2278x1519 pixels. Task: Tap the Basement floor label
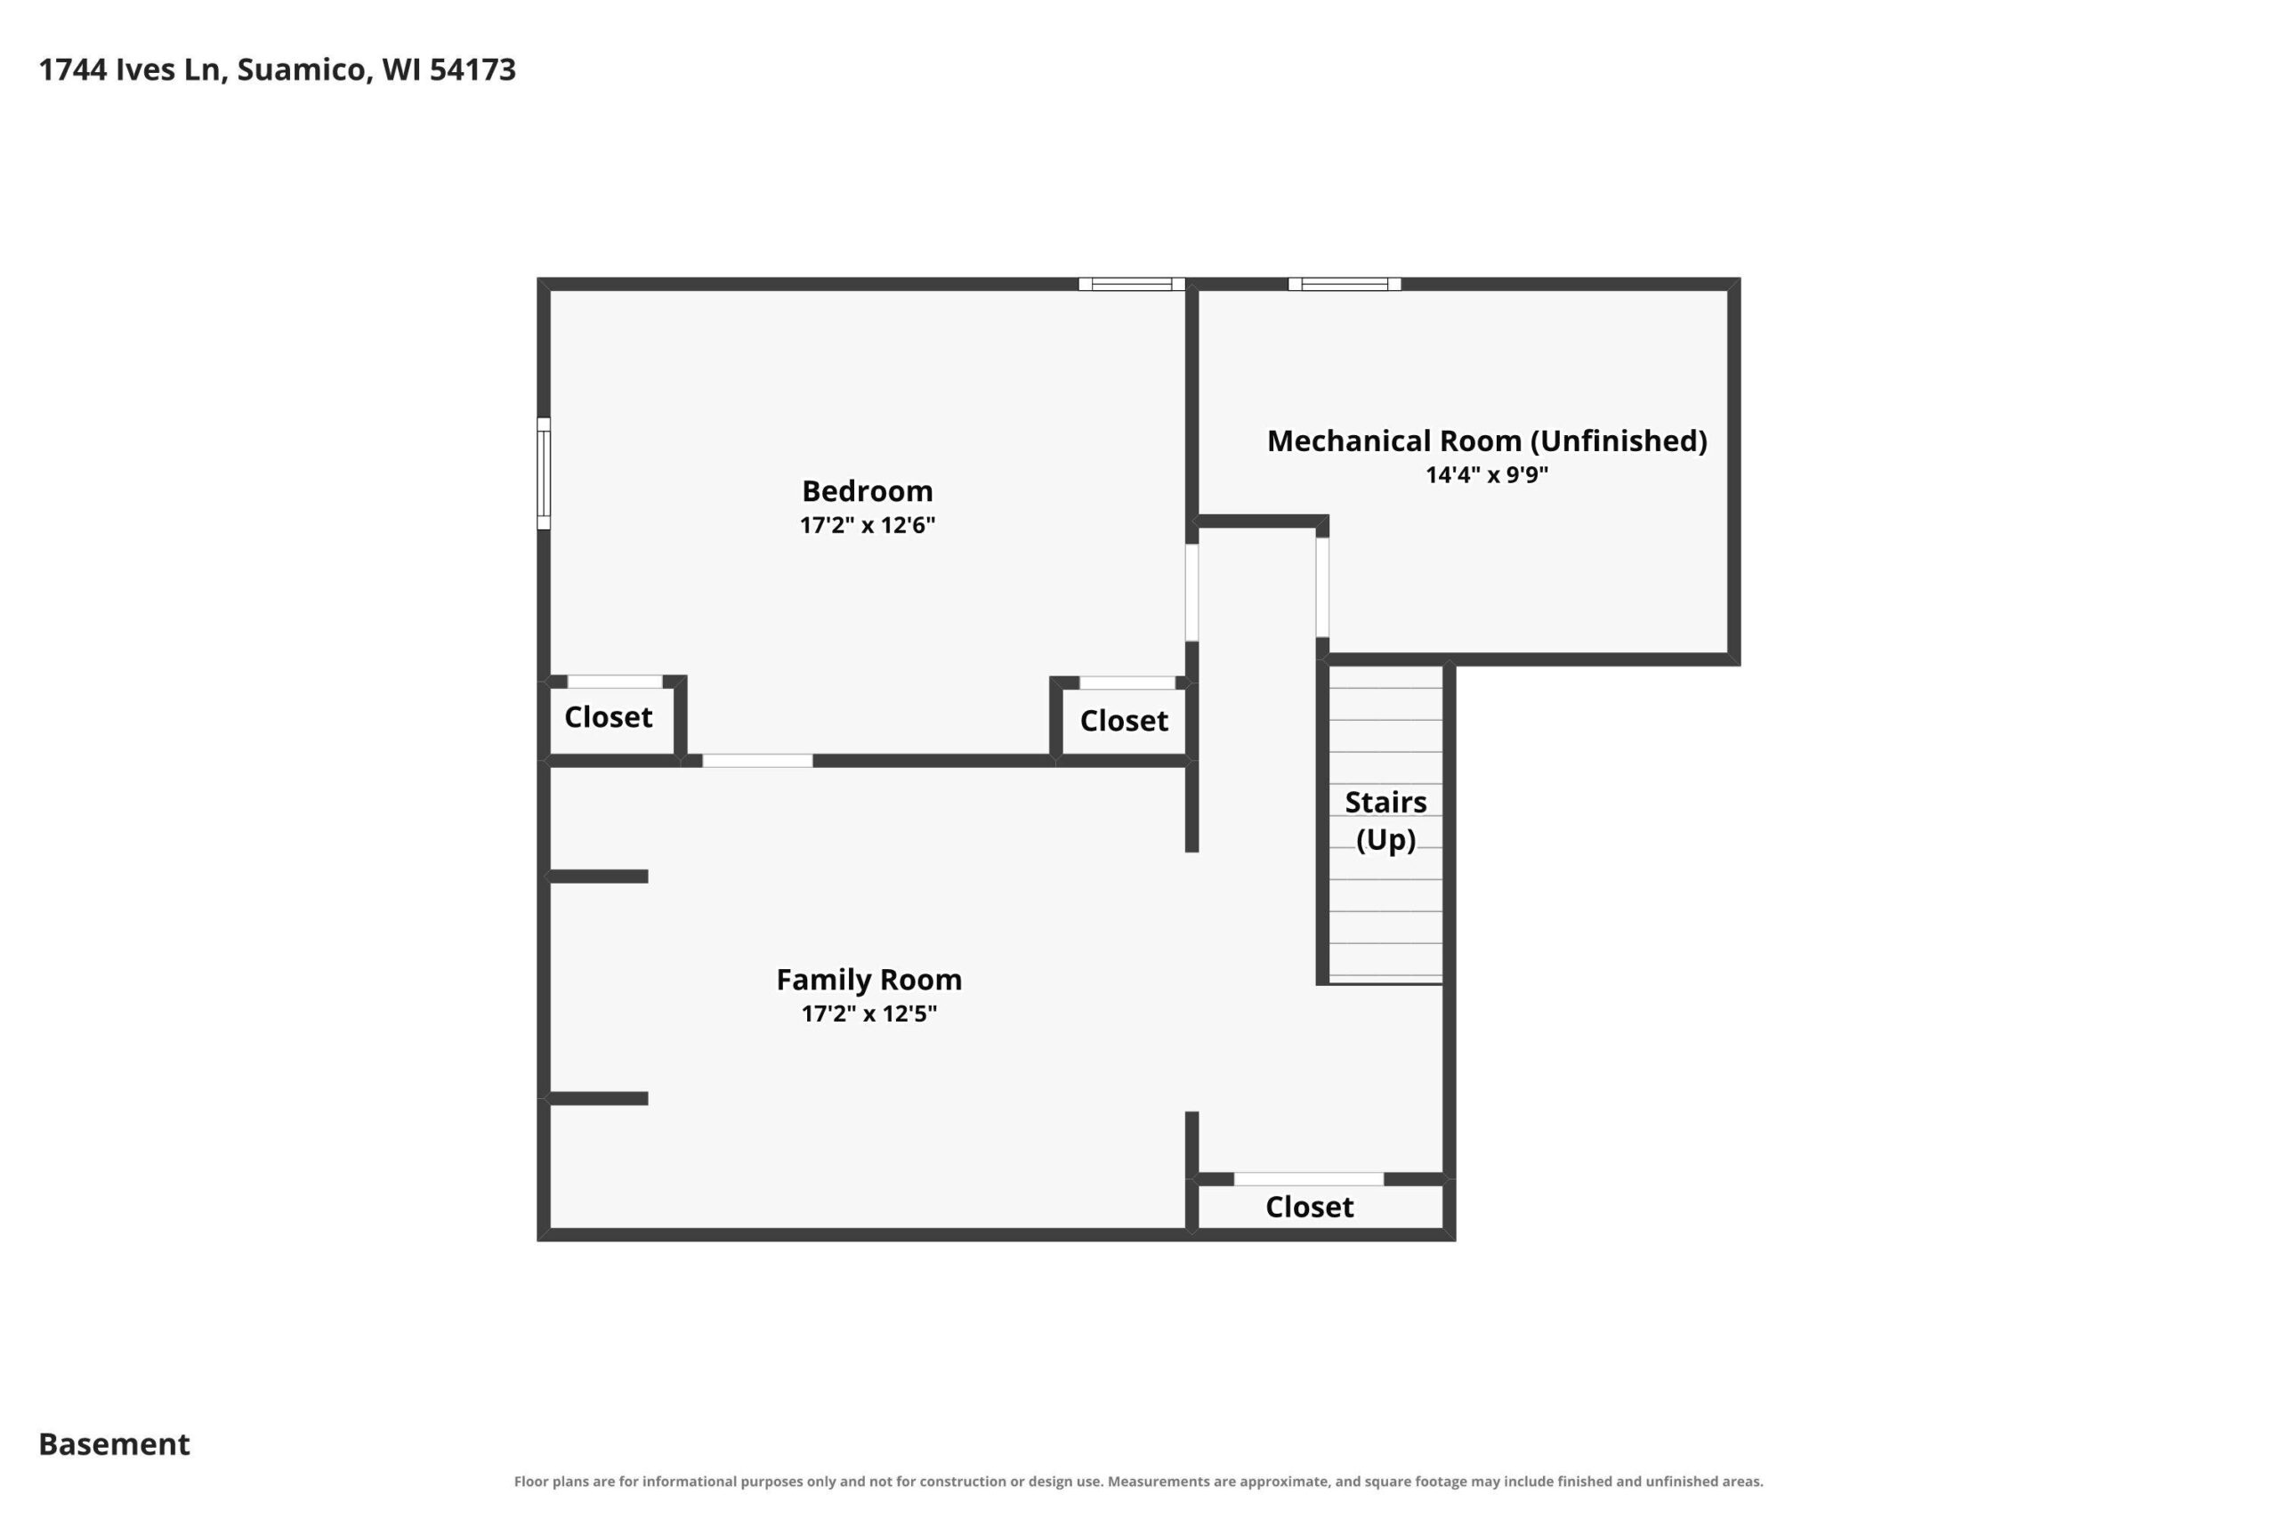(114, 1444)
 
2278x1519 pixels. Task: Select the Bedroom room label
(867, 491)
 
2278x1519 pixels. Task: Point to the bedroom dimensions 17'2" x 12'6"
(867, 525)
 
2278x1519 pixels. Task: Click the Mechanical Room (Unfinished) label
(1487, 441)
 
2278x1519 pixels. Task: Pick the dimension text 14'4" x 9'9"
(1487, 474)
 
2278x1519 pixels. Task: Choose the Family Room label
(868, 980)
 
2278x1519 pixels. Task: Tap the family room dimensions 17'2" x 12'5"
(868, 1014)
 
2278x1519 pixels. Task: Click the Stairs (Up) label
(1386, 820)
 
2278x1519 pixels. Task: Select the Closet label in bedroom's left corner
(609, 717)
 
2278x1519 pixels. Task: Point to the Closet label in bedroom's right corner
(1124, 721)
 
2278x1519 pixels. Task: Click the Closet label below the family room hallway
(1310, 1207)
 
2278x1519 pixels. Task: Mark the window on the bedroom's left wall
(545, 473)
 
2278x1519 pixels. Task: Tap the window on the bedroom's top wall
(1132, 284)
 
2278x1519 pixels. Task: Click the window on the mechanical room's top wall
(1345, 284)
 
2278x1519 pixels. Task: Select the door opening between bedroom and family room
(757, 762)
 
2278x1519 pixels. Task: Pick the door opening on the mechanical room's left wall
(1322, 587)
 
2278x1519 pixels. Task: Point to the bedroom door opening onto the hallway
(1192, 593)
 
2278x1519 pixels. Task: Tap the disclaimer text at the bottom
(1138, 1482)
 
